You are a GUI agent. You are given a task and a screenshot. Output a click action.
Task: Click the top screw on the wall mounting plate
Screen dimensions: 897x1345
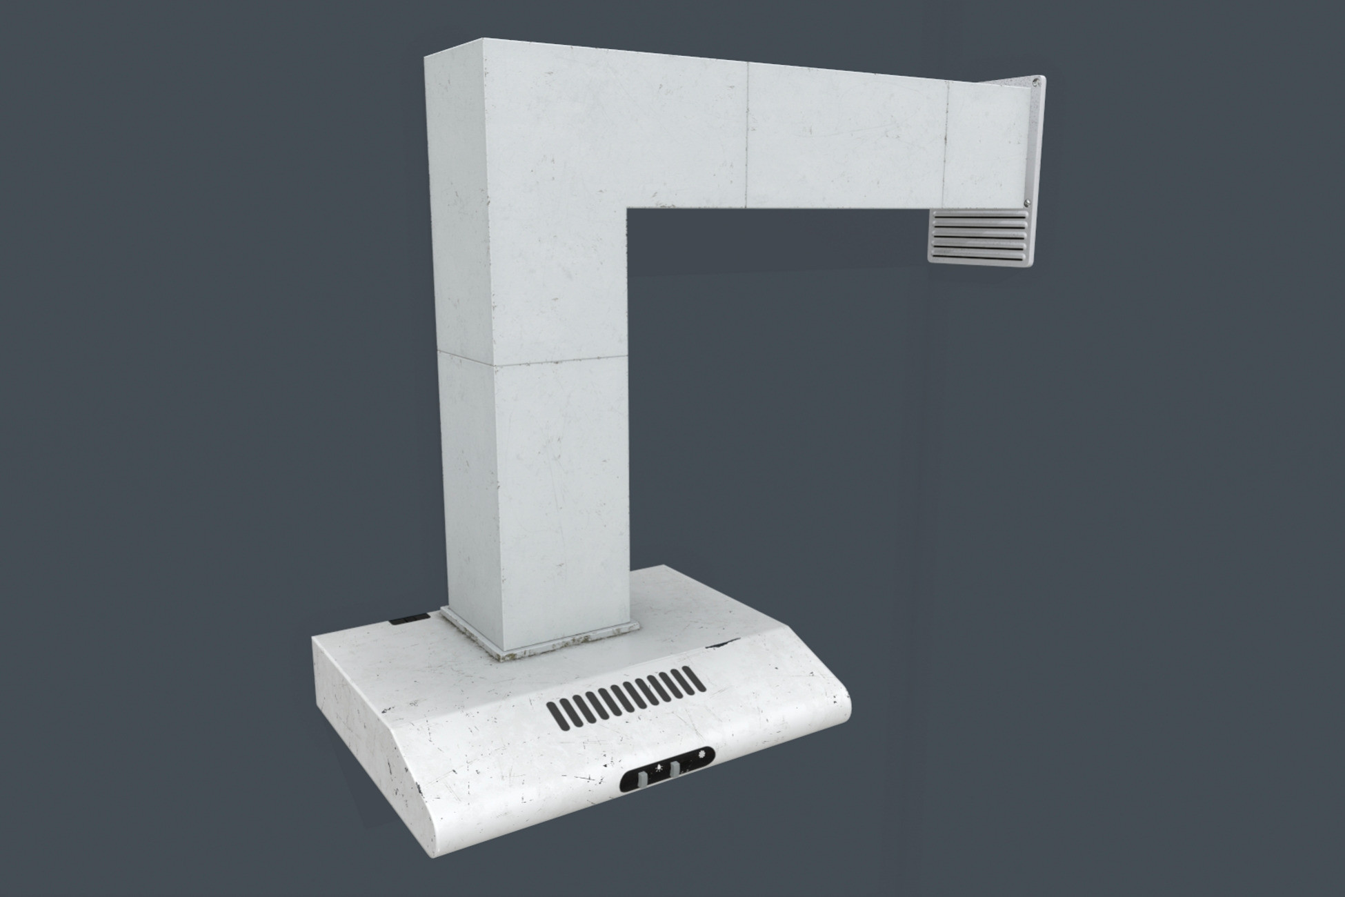tap(1037, 82)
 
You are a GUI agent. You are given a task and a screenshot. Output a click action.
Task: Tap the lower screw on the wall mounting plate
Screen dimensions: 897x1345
tap(1028, 202)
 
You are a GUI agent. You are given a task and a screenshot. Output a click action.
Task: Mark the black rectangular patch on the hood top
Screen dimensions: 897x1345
tap(406, 618)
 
